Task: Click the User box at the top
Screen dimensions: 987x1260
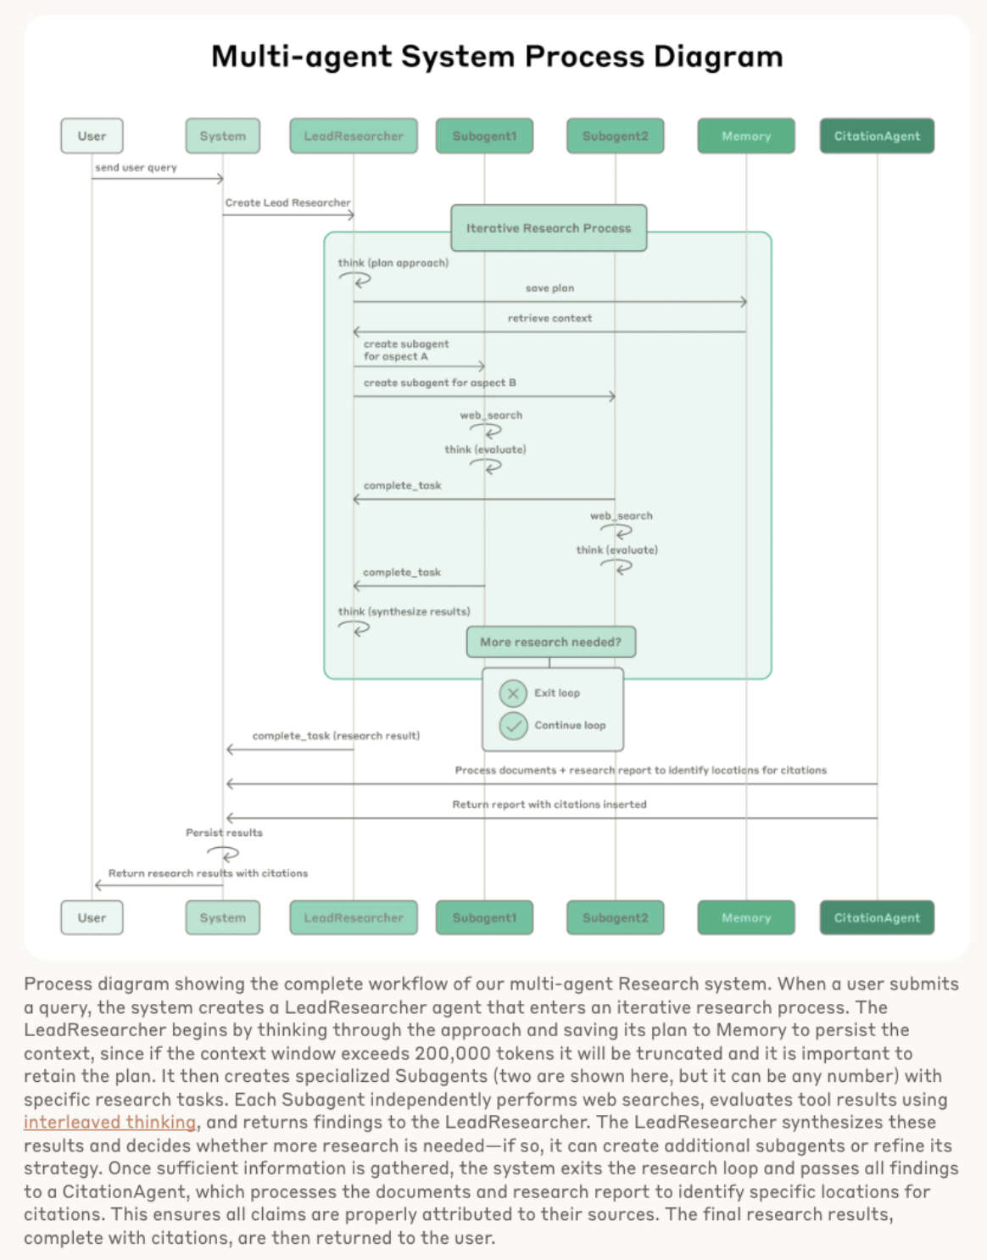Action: pyautogui.click(x=92, y=136)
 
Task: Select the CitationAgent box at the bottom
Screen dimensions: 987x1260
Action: pyautogui.click(x=877, y=917)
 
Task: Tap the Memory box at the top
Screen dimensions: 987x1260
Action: pyautogui.click(x=746, y=136)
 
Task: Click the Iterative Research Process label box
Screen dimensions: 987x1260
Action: pyautogui.click(x=549, y=228)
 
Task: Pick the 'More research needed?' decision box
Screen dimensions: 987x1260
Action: pyautogui.click(x=550, y=642)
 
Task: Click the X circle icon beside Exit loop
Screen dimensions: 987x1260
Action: pyautogui.click(x=513, y=693)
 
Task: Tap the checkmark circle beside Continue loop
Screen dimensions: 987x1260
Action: pyautogui.click(x=513, y=725)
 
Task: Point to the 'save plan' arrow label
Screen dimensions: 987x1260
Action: pyautogui.click(x=549, y=288)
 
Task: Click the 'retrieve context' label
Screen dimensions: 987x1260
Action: pyautogui.click(x=549, y=318)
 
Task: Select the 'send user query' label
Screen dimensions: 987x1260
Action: pyautogui.click(x=136, y=168)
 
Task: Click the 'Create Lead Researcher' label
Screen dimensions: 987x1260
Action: pyautogui.click(x=287, y=203)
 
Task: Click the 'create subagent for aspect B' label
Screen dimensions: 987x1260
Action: pyautogui.click(x=439, y=382)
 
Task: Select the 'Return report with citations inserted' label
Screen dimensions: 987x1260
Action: pyautogui.click(x=549, y=804)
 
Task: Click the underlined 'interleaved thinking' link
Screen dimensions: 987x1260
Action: pyautogui.click(x=109, y=1122)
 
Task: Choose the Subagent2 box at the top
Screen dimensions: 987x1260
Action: pyautogui.click(x=615, y=136)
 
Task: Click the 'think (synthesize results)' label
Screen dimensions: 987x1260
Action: pyautogui.click(x=404, y=611)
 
